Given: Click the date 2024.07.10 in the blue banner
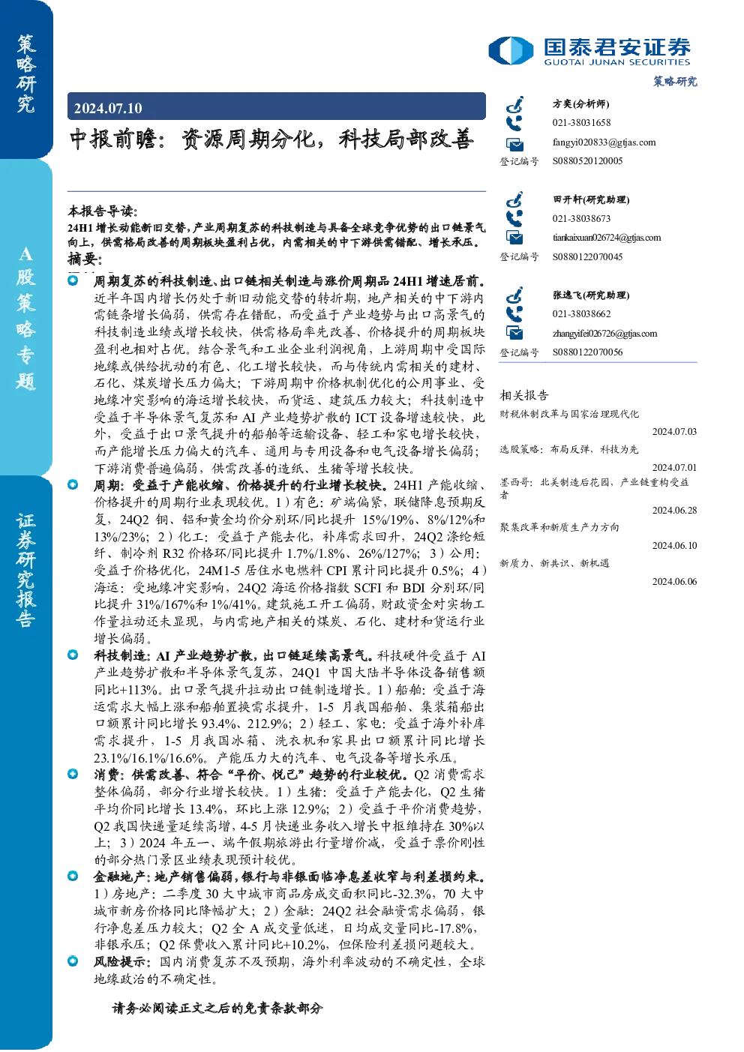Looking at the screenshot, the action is click(x=107, y=108).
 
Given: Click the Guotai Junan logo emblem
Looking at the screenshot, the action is click(x=511, y=50).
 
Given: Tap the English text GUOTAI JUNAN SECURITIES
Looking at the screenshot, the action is click(x=617, y=62).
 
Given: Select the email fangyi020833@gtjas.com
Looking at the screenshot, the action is click(x=604, y=142).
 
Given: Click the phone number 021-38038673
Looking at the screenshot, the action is click(x=581, y=218).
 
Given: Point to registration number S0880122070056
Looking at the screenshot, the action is click(x=587, y=352).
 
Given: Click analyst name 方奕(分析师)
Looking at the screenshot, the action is click(x=580, y=103).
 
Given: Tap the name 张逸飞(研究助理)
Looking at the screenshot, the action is click(x=591, y=295).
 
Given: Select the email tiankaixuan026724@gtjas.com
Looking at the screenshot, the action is click(x=607, y=238).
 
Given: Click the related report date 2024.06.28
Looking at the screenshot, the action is click(x=674, y=510).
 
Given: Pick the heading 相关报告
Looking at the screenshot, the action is click(x=523, y=395).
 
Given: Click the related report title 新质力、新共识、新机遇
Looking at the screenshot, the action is click(x=554, y=563).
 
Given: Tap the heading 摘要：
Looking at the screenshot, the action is click(x=85, y=258).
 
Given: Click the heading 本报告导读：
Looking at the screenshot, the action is click(x=103, y=211).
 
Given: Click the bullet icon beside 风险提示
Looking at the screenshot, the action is click(x=73, y=961).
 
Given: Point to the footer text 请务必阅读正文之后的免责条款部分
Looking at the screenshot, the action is click(x=217, y=1009).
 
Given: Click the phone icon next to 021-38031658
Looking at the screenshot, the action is click(x=514, y=123).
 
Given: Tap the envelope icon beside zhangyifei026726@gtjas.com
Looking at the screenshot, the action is click(x=514, y=333).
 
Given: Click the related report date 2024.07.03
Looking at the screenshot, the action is click(x=674, y=432).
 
